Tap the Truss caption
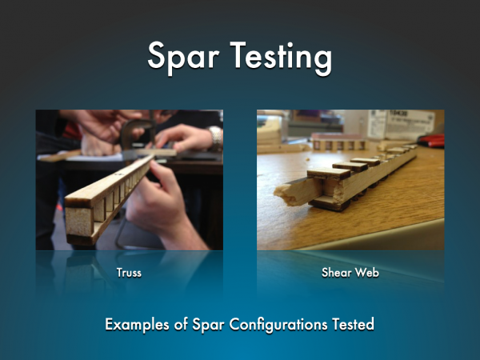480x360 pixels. (129, 273)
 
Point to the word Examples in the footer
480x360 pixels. (137, 325)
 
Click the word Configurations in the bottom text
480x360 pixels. (278, 325)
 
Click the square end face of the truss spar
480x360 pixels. (79, 222)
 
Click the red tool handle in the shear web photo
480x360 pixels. (432, 141)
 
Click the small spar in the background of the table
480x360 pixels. (339, 144)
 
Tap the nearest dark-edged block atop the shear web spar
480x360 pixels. (328, 173)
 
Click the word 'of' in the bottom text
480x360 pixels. (182, 324)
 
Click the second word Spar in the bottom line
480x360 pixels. (209, 325)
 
